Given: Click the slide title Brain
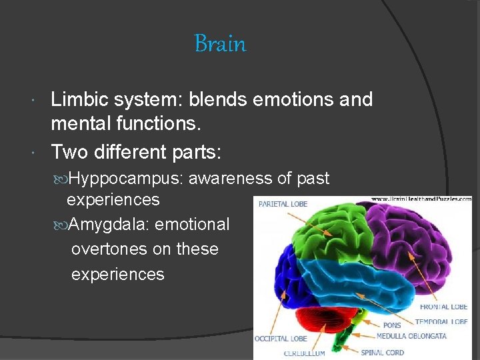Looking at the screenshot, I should [x=220, y=44].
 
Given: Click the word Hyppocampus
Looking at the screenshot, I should [x=127, y=179].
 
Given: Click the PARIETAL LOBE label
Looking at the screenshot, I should [x=283, y=203].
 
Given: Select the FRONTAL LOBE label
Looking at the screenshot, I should [x=443, y=307].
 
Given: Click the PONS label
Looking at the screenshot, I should [x=392, y=325].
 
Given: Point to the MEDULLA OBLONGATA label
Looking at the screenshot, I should [x=411, y=336].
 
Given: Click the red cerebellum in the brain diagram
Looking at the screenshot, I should [x=317, y=314].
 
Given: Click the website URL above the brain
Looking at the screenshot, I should [x=421, y=199].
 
